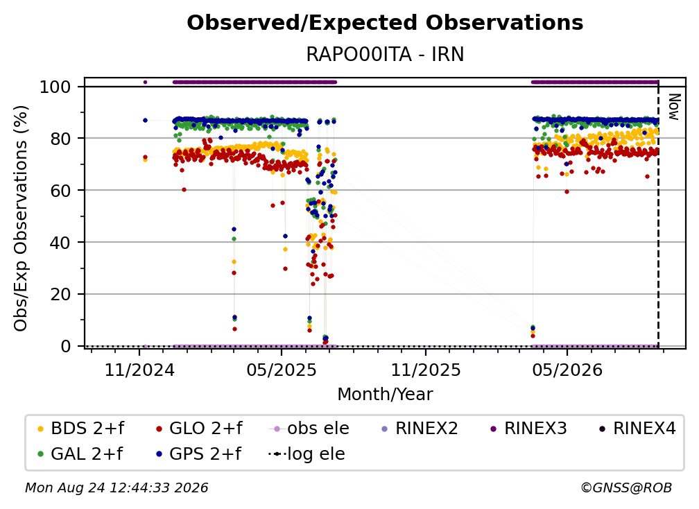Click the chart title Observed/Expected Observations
(385, 23)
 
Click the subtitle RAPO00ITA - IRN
(385, 54)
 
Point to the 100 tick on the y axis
(55, 87)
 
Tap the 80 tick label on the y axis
(60, 139)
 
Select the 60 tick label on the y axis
(60, 190)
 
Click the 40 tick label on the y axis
(60, 243)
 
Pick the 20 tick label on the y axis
(60, 294)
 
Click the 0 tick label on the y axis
(66, 346)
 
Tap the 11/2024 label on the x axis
(139, 370)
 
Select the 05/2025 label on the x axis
(282, 370)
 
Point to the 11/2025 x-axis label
(426, 370)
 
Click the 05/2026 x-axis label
(567, 370)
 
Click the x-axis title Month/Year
(385, 394)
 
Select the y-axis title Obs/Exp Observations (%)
(21, 218)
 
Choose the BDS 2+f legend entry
(80, 429)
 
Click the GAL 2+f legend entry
(80, 454)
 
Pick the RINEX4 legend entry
(637, 429)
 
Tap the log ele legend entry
(307, 454)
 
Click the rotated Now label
(674, 107)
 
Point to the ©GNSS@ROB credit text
(626, 488)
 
